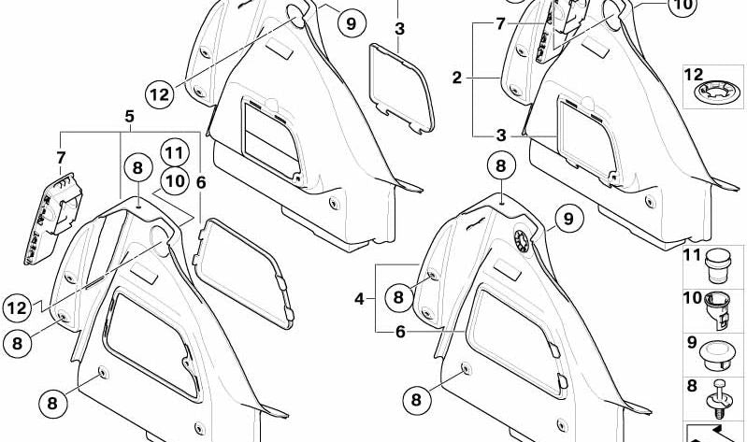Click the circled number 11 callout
(173, 152)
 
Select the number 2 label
(457, 78)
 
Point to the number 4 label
(358, 300)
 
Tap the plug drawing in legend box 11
(717, 263)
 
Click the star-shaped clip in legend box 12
(716, 92)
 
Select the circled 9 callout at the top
(350, 23)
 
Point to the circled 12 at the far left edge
(16, 306)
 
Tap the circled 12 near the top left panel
(160, 93)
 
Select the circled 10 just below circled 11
(173, 180)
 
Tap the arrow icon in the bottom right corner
(715, 433)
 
